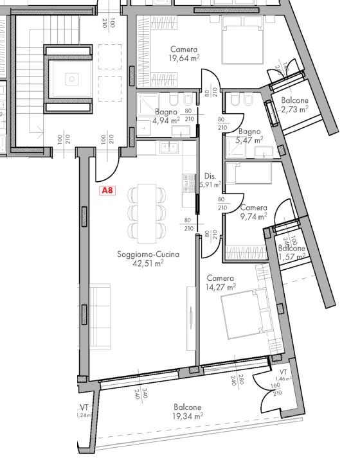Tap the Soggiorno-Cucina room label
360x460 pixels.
148,254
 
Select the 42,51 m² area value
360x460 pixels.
148,263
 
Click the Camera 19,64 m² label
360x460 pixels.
184,54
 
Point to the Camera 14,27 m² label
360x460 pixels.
221,282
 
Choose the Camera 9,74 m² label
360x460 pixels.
253,213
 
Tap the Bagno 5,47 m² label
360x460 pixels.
249,135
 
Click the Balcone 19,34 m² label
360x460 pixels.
186,411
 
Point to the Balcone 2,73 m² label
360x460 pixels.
294,105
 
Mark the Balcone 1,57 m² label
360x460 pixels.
292,253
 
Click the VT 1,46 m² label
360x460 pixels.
283,376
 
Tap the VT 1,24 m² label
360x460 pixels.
84,411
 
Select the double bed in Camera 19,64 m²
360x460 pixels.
242,40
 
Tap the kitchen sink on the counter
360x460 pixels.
170,148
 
